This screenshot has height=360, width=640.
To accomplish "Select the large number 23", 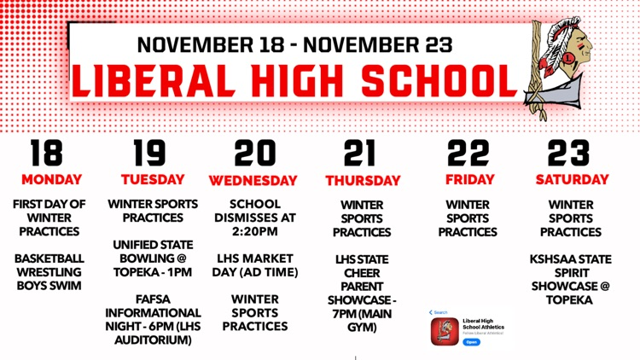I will click(x=568, y=153).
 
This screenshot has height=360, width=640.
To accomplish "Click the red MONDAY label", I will click(x=51, y=180).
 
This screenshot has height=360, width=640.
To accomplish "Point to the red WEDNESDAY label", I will click(x=253, y=181).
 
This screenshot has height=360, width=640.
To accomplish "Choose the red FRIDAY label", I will click(x=469, y=180).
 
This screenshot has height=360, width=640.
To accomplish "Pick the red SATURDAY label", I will click(x=572, y=180).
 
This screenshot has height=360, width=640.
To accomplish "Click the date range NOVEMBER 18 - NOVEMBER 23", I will click(x=294, y=44).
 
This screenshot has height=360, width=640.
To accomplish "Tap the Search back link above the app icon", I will click(x=439, y=312).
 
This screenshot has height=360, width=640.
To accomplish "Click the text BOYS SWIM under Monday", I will click(x=49, y=285).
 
